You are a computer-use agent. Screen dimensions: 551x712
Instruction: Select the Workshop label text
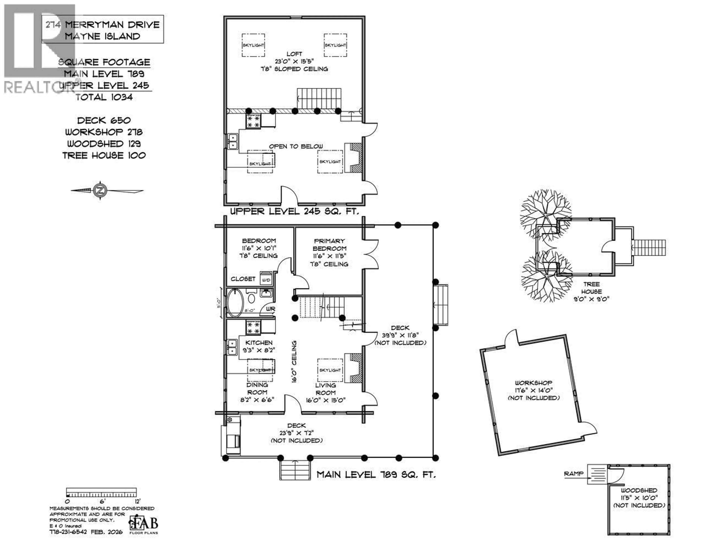(533, 383)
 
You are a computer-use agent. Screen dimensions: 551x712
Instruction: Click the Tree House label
(591, 288)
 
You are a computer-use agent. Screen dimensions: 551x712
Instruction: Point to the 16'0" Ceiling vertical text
(294, 361)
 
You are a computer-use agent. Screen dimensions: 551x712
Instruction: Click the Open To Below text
(296, 146)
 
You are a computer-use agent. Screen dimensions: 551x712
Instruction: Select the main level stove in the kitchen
(253, 328)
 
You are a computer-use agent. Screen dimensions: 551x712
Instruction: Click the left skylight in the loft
(253, 45)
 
